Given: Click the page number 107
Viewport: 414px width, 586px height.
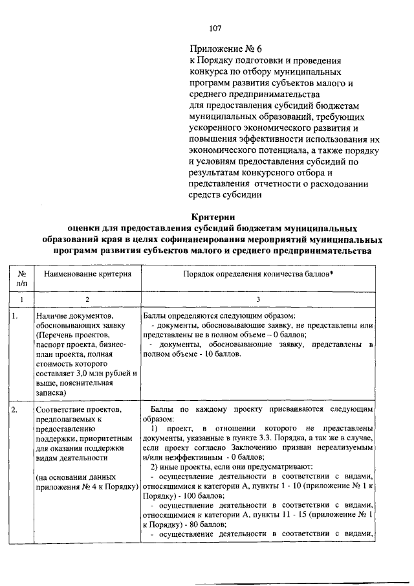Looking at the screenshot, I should tap(216, 28).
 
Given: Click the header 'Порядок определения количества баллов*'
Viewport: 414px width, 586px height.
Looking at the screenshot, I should tap(258, 274).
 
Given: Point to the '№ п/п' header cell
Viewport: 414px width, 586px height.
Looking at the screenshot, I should tap(21, 279).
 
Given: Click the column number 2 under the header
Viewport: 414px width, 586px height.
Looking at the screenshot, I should tap(87, 299).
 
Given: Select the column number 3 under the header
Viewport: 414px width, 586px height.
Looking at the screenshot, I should tap(258, 299).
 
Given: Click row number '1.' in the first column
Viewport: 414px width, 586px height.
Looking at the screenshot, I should tap(16, 315).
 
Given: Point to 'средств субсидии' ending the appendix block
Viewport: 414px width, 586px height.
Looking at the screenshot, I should tap(225, 197).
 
